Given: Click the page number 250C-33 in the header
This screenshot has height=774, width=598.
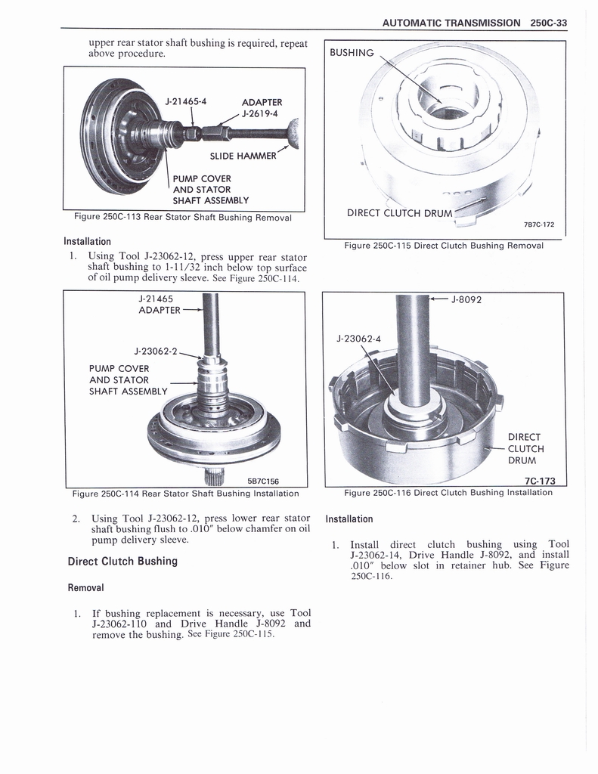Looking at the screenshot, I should coord(548,23).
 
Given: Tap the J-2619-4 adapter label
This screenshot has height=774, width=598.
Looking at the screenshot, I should coord(260,114).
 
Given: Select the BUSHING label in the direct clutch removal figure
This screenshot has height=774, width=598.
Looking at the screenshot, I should coord(352,52).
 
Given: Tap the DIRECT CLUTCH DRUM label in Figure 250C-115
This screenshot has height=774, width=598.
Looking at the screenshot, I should coord(399,212).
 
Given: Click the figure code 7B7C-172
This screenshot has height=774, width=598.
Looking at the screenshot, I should coord(538,224).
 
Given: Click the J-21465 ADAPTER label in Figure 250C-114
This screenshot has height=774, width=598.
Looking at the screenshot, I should coord(160,304).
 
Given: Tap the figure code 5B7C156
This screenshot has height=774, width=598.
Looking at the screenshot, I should coord(263,481).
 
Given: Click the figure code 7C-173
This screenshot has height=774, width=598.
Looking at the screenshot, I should coord(540,481).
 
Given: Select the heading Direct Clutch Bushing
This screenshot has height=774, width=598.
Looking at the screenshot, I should coord(122,561).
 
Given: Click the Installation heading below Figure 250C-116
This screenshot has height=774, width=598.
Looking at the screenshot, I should coord(349,519).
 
